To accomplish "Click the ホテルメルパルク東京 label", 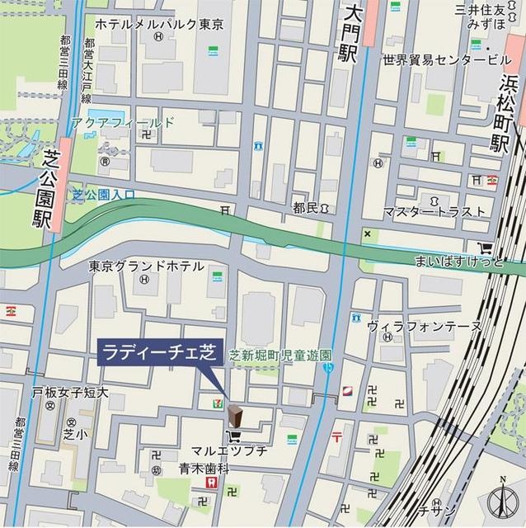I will [x=159, y=24].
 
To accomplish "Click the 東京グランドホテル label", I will [x=146, y=266].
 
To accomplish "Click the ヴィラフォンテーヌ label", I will [x=424, y=327].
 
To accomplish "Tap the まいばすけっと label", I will [x=466, y=262].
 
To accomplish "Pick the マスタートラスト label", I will [x=434, y=211].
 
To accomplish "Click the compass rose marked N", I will [x=503, y=501].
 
